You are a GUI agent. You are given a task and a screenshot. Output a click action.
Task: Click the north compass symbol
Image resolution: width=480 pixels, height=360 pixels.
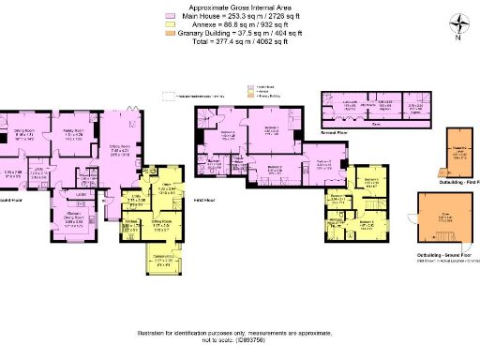pos(455,26)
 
